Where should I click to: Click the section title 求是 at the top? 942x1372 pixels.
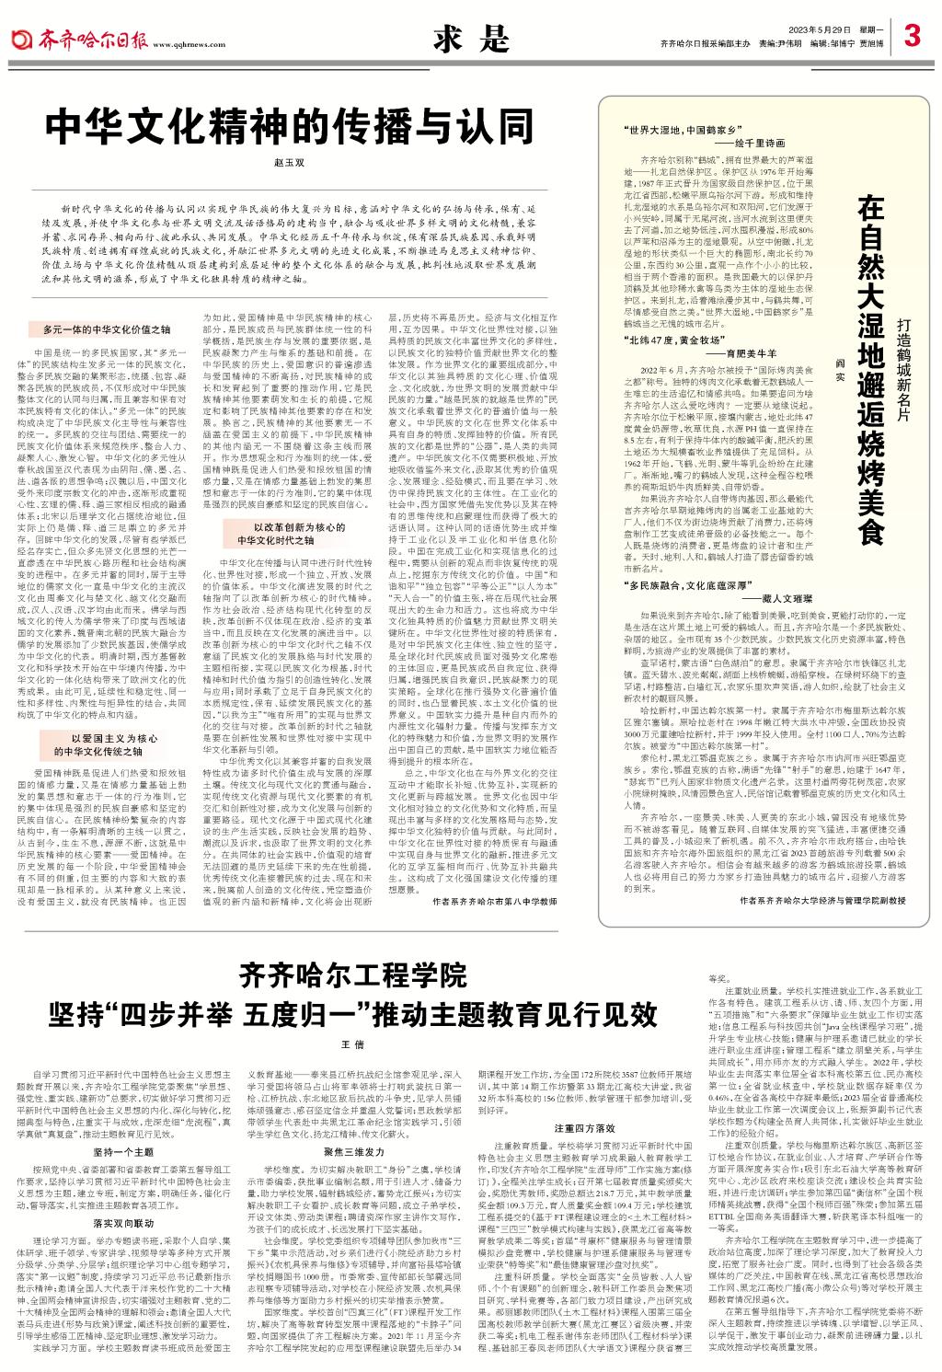(470, 38)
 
